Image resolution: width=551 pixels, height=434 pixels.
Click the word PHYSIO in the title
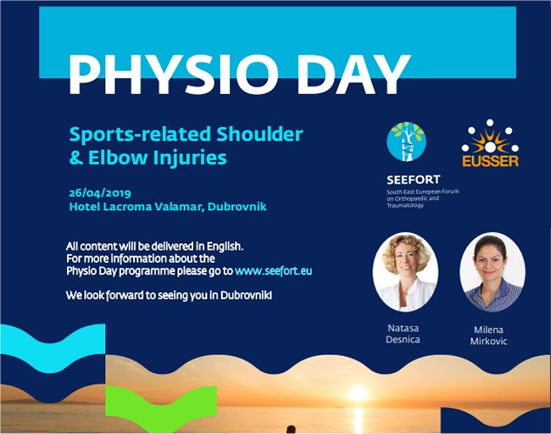point(171,75)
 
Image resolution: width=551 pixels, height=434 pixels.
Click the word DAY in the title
point(353,75)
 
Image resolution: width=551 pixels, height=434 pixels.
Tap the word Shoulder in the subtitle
point(259,134)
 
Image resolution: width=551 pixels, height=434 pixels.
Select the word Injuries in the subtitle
point(190,157)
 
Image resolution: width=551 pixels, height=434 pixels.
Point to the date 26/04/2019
point(100,193)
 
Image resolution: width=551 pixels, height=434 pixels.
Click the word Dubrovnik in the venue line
point(237,206)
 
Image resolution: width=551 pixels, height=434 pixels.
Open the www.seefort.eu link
point(274,271)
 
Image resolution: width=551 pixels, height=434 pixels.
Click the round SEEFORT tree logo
point(406,142)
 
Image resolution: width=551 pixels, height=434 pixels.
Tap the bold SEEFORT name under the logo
point(414,180)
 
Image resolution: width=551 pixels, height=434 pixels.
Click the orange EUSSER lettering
point(490,161)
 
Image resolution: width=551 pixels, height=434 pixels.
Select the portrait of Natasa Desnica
point(405,272)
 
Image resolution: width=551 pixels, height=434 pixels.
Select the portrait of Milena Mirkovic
point(493,272)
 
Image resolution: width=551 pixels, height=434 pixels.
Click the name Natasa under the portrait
point(403,328)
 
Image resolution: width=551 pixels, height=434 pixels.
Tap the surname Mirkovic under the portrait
point(489,342)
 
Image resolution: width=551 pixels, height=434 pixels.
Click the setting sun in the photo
point(358,392)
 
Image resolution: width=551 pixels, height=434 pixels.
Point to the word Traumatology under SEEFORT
point(405,205)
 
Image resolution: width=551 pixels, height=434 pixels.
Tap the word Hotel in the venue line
point(84,206)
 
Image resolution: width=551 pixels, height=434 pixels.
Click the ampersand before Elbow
point(76,158)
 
